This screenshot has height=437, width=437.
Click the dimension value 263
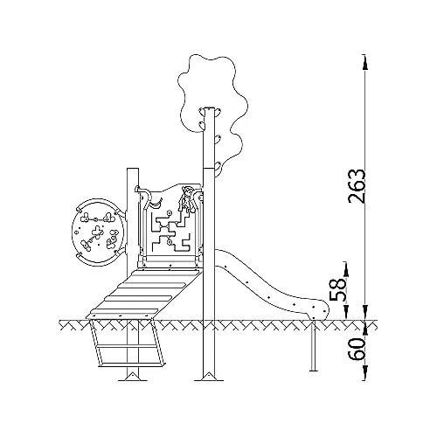pyautogui.click(x=357, y=186)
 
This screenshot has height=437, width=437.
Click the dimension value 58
pyautogui.click(x=338, y=289)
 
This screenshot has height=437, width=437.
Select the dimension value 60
pyautogui.click(x=357, y=349)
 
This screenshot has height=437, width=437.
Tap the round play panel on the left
pyautogui.click(x=98, y=232)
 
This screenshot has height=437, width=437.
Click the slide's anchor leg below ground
pyautogui.click(x=314, y=346)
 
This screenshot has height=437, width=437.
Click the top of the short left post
pyautogui.click(x=133, y=169)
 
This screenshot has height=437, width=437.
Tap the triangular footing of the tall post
pyautogui.click(x=209, y=376)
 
